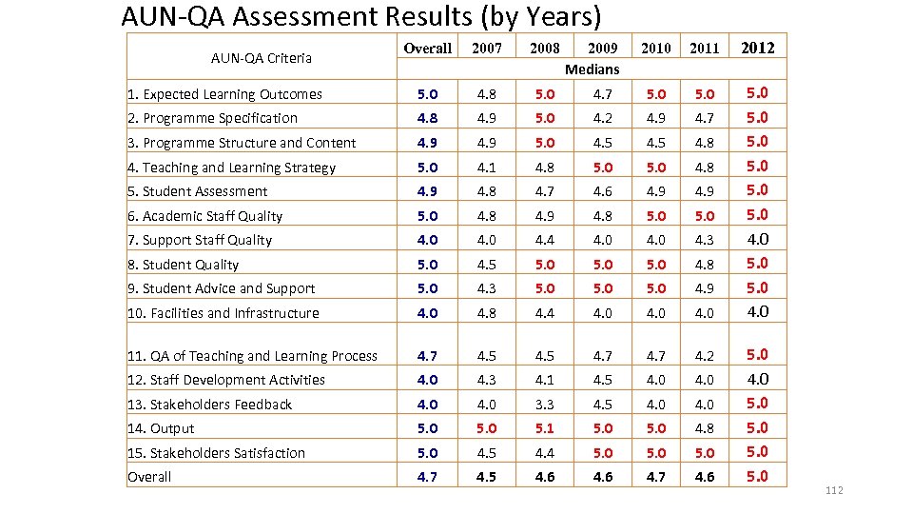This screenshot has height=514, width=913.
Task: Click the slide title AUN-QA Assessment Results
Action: point(361,16)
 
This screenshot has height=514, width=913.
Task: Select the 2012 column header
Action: point(757,48)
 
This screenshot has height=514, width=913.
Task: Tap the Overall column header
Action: point(428,48)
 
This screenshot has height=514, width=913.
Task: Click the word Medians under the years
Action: point(592,69)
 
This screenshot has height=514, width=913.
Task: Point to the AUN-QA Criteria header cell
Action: point(262,58)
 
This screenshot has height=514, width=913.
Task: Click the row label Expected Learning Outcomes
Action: point(224,94)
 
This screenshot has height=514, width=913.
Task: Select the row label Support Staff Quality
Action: point(200,240)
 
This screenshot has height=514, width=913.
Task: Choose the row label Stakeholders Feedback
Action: point(209,405)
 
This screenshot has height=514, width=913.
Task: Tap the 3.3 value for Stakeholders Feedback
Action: point(545,404)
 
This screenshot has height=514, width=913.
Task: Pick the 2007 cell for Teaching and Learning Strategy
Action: point(486,167)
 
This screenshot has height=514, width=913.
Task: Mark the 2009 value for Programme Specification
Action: point(602,118)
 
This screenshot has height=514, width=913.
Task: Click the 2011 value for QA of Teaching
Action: point(704,356)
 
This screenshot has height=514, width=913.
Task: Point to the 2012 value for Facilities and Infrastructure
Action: point(757,311)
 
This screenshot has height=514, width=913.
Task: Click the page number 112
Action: point(835,490)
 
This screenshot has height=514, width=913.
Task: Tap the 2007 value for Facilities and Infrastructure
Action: point(486,312)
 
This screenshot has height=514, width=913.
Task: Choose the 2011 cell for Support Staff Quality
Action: point(704,240)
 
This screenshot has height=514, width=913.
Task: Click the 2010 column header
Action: point(656,48)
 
